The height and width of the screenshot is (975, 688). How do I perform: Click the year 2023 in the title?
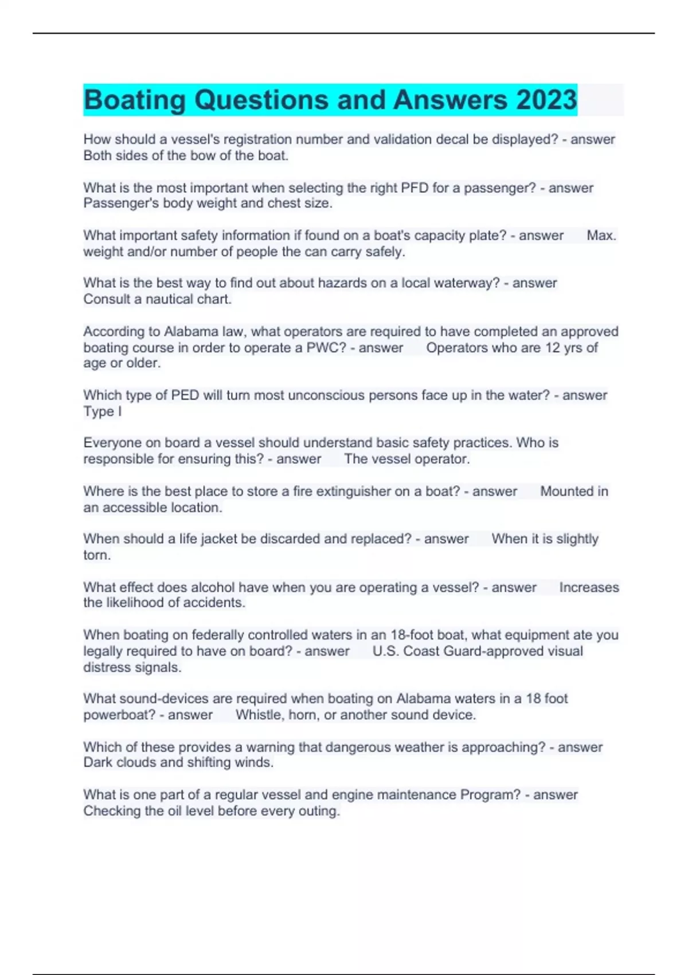(546, 100)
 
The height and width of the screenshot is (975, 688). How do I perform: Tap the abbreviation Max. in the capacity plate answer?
(601, 235)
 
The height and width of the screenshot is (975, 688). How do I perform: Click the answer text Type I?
(103, 411)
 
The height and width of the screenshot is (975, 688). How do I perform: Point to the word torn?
(97, 555)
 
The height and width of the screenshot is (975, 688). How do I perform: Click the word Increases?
(589, 587)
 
